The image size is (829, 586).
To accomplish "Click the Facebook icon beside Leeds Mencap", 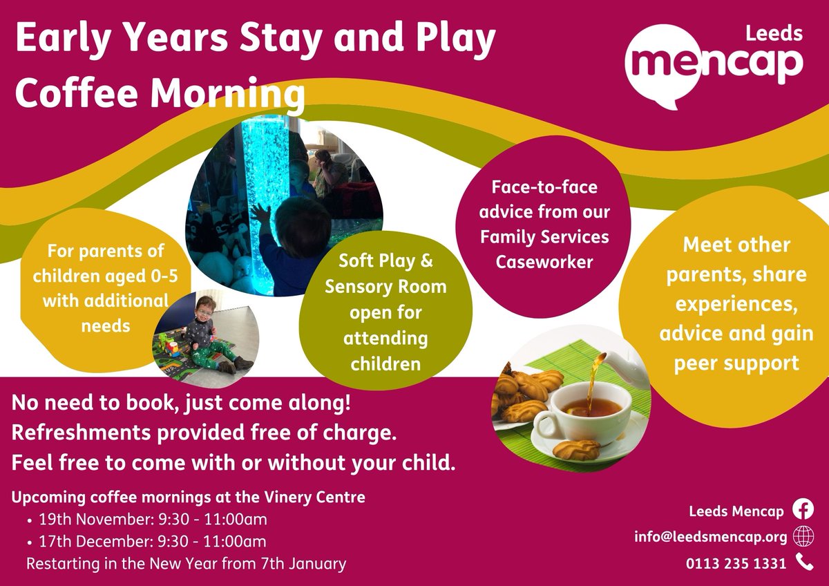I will [803, 510].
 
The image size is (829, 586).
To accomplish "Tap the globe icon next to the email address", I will [803, 536].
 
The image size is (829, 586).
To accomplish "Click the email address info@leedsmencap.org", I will [711, 537].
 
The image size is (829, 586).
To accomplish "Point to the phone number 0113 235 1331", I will [736, 563].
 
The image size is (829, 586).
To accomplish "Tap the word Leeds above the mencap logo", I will [780, 32].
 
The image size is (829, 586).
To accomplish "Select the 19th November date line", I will [146, 519].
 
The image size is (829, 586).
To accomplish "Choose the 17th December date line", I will [146, 541].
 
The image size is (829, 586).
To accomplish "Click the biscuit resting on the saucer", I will [576, 450].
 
